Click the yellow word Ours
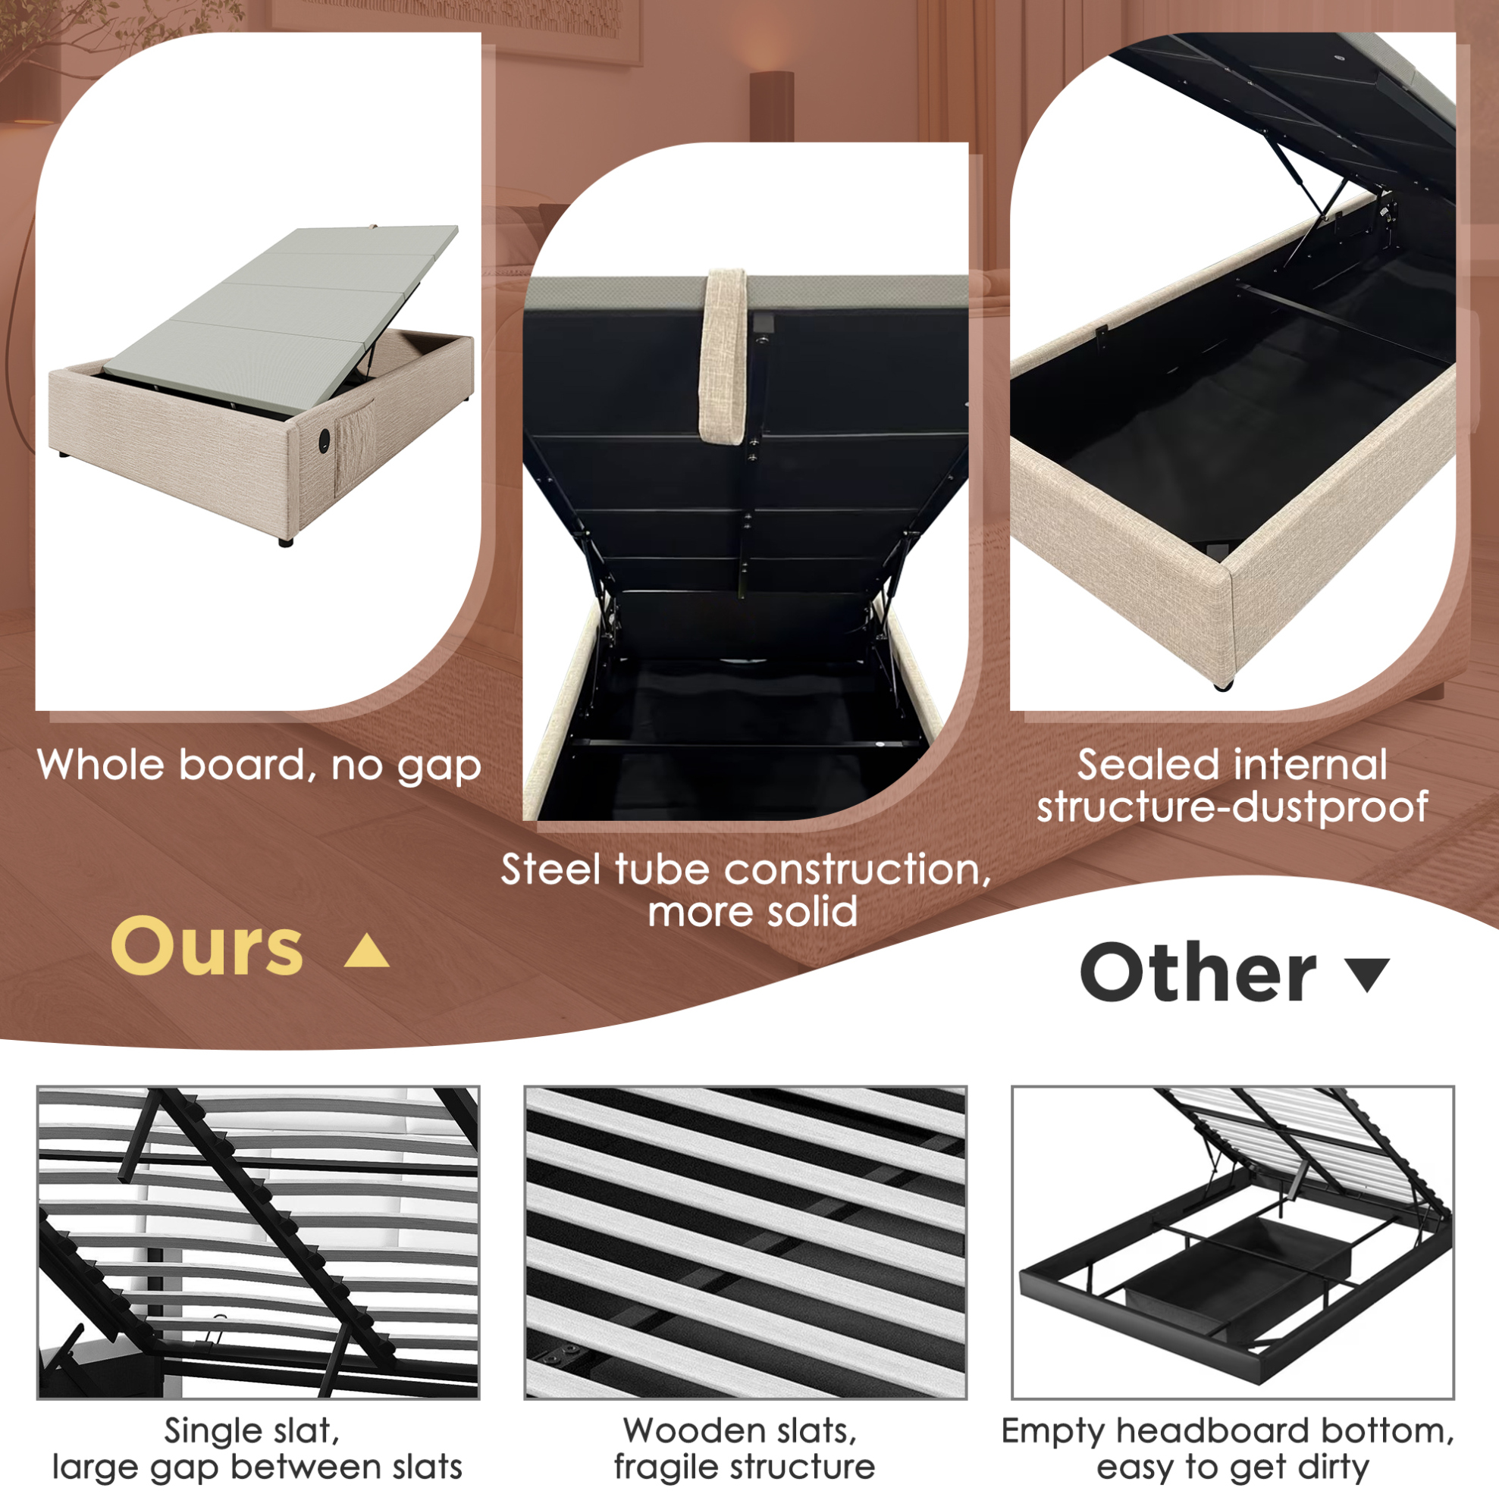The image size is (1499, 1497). pyautogui.click(x=206, y=946)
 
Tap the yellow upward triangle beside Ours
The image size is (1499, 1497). pyautogui.click(x=366, y=952)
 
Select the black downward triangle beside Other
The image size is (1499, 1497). pyautogui.click(x=1366, y=975)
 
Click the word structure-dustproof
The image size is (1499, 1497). pyautogui.click(x=1232, y=806)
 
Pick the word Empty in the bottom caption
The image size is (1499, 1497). pyautogui.click(x=1053, y=1432)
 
